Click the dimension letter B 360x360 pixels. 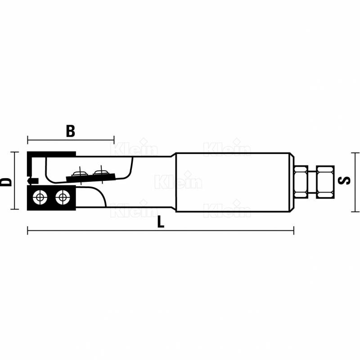click(x=70, y=131)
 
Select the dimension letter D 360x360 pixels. click(x=6, y=181)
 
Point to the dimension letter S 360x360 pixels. click(x=345, y=180)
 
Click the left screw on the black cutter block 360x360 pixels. click(x=41, y=197)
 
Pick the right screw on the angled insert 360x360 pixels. click(x=101, y=171)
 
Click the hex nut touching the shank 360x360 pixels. click(x=301, y=181)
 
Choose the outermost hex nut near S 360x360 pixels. click(x=325, y=181)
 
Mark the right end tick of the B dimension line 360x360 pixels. click(x=114, y=139)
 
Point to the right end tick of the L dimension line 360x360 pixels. click(x=294, y=231)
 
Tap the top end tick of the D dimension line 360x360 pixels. click(x=14, y=152)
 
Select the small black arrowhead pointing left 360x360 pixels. click(x=30, y=181)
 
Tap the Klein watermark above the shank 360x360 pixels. click(x=227, y=148)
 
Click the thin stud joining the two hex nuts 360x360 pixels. click(x=312, y=181)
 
